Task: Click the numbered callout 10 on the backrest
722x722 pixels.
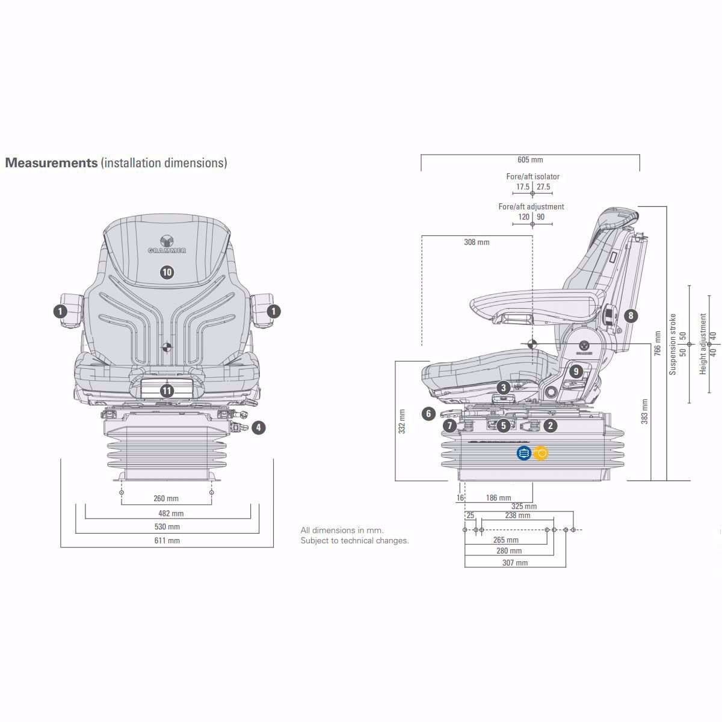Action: (167, 272)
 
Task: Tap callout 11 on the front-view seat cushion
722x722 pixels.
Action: (167, 391)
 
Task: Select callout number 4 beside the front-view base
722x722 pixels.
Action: (258, 428)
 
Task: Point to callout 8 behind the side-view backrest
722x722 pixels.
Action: (631, 315)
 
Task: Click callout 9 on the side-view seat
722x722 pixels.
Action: (576, 372)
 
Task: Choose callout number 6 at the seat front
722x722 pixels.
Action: (428, 414)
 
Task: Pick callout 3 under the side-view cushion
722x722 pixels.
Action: (504, 389)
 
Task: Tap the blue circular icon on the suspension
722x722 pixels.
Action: (523, 452)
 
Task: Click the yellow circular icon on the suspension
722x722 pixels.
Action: (541, 452)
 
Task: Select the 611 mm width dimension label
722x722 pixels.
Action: (167, 540)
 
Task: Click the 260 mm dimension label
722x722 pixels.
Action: (167, 498)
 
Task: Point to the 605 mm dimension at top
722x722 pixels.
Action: (530, 159)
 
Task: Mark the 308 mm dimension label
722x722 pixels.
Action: (477, 242)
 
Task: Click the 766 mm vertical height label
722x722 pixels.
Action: (657, 343)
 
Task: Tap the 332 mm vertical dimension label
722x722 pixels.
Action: (402, 421)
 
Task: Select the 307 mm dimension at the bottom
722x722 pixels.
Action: (515, 563)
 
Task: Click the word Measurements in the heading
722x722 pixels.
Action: (51, 162)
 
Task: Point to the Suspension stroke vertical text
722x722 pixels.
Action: (673, 344)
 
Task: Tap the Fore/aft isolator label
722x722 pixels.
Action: (532, 176)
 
